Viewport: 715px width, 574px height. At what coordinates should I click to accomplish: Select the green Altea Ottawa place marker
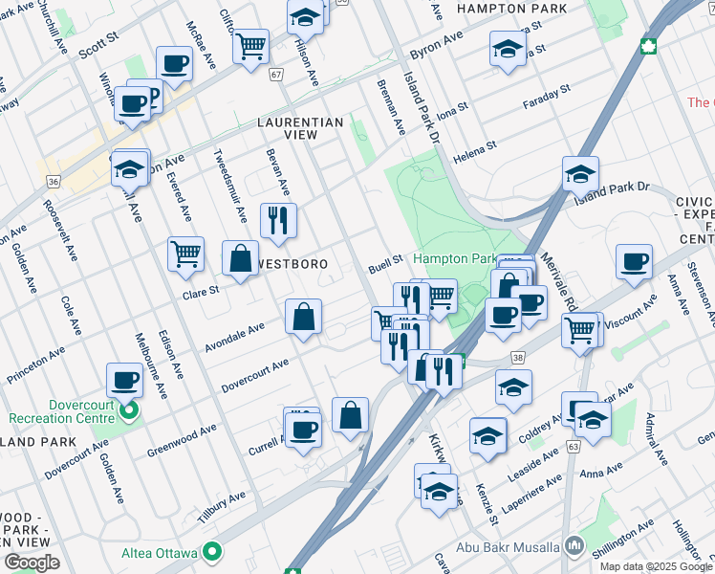[x=213, y=552]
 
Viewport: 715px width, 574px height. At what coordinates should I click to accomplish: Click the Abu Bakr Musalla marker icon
[x=574, y=546]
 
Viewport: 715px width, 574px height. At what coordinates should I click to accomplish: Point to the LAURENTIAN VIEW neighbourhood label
[x=299, y=129]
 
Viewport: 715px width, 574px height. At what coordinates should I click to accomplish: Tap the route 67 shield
[x=277, y=75]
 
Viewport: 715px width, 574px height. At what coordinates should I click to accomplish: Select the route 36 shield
[x=54, y=180]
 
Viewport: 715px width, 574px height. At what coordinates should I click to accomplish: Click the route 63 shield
[x=574, y=445]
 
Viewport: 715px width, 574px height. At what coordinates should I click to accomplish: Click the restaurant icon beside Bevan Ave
[x=279, y=221]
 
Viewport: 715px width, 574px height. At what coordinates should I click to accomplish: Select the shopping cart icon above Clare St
[x=185, y=254]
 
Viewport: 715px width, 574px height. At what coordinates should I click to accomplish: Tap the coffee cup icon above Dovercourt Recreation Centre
[x=124, y=381]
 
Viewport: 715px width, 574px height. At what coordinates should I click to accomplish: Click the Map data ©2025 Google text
[x=656, y=565]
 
